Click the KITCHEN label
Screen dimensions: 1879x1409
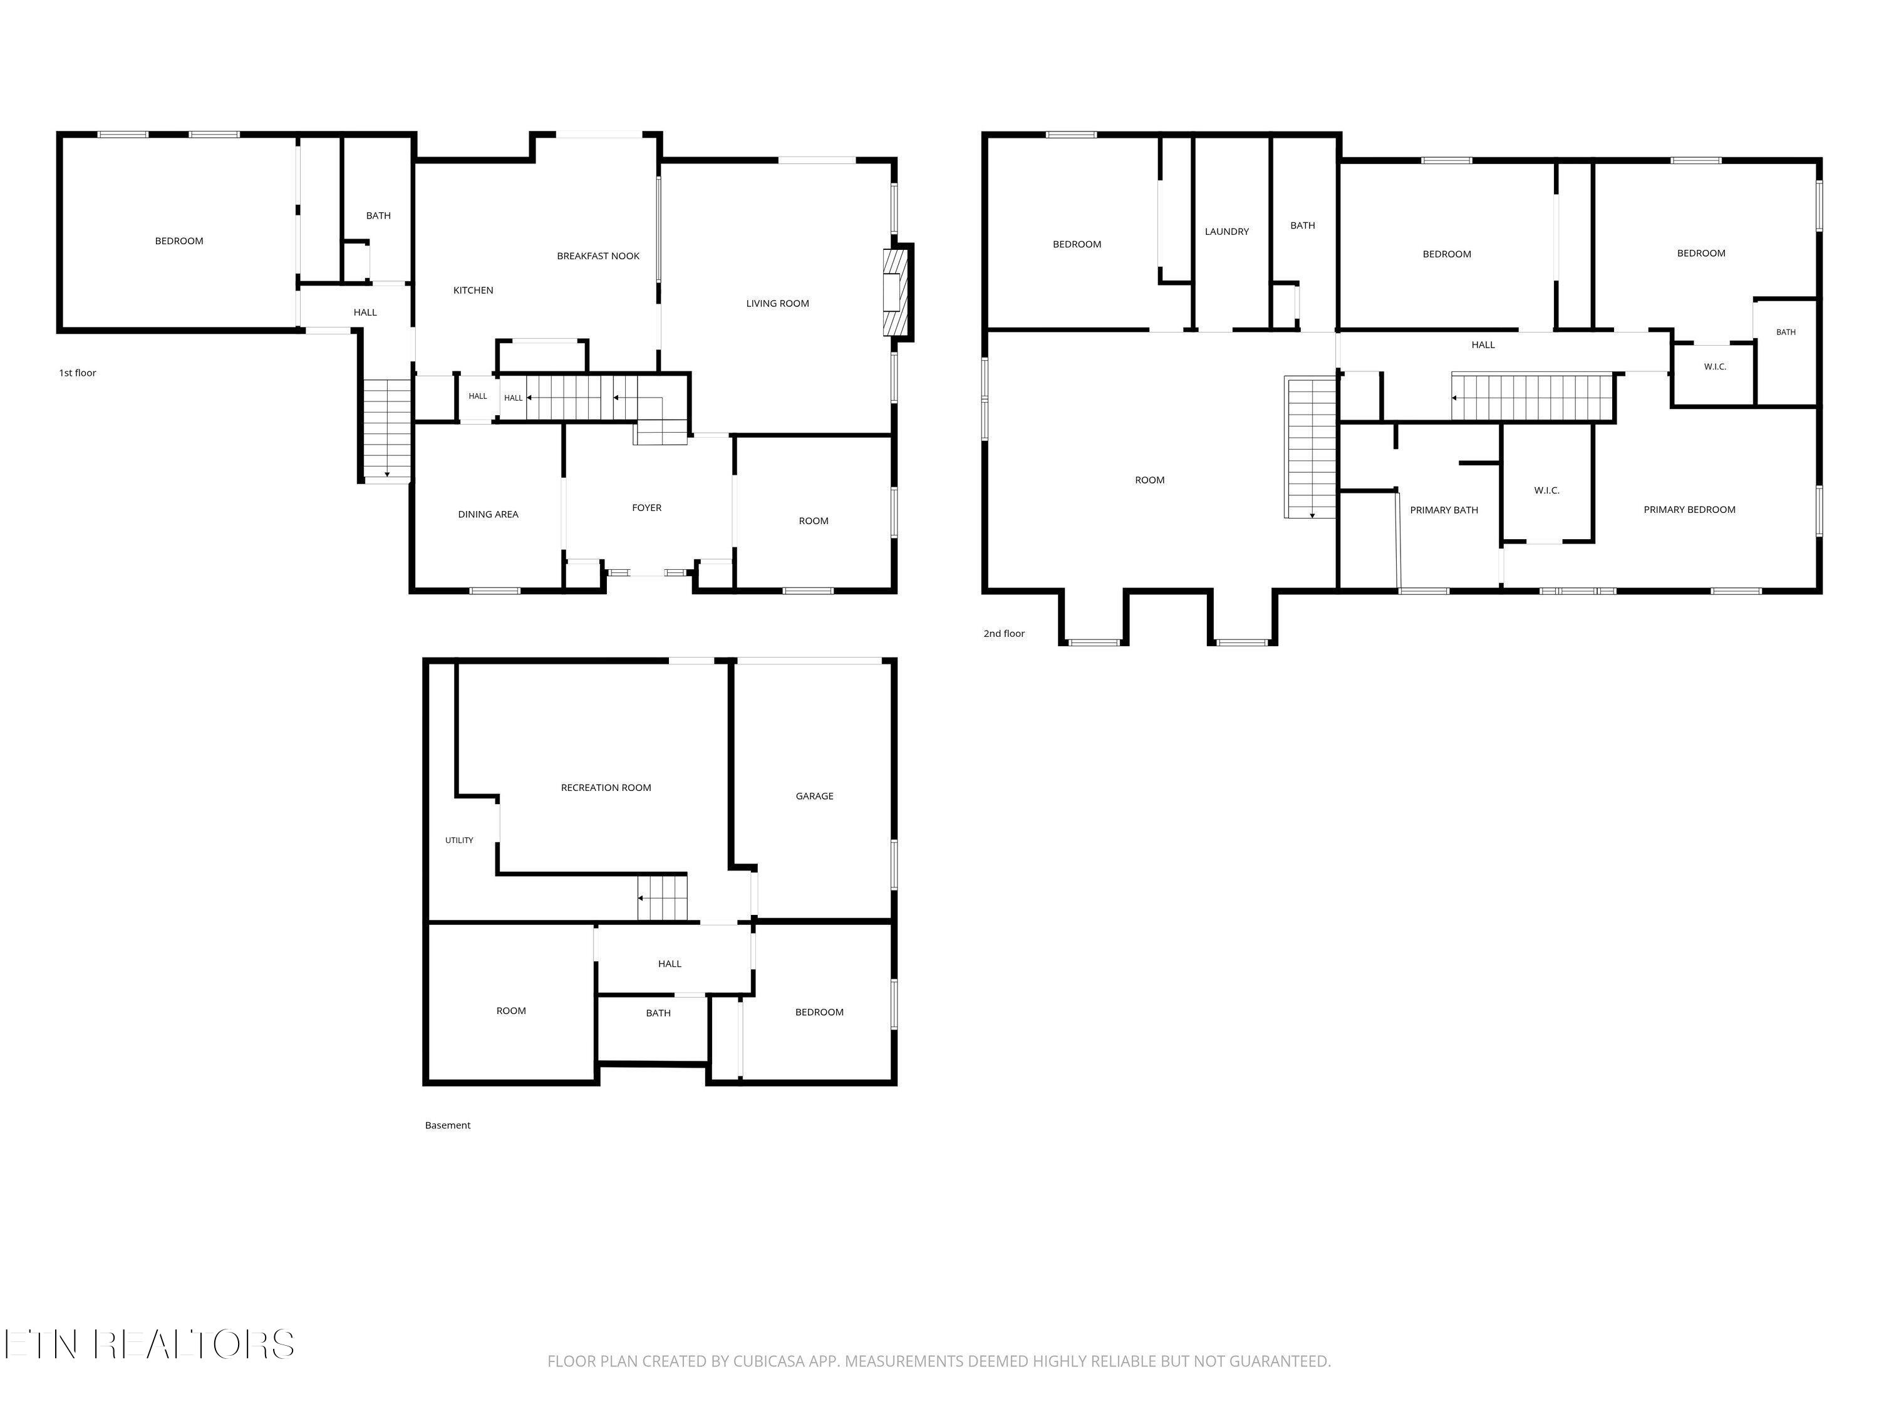[x=473, y=291]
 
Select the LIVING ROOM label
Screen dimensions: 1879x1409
[x=777, y=303]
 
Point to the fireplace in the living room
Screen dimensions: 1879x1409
[x=896, y=292]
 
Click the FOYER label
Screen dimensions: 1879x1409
[x=646, y=508]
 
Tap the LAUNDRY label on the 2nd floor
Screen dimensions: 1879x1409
[x=1226, y=232]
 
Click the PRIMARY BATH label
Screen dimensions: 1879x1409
[x=1444, y=510]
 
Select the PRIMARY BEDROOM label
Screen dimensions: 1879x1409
[x=1690, y=510]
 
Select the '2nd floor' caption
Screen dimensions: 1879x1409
[x=1004, y=634]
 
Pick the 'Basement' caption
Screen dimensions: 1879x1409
[x=448, y=1125]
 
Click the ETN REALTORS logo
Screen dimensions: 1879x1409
[x=150, y=1344]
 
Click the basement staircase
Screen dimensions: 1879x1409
[x=662, y=897]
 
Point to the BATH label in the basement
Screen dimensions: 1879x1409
[x=658, y=1013]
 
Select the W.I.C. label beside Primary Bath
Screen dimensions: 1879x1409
[x=1547, y=491]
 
